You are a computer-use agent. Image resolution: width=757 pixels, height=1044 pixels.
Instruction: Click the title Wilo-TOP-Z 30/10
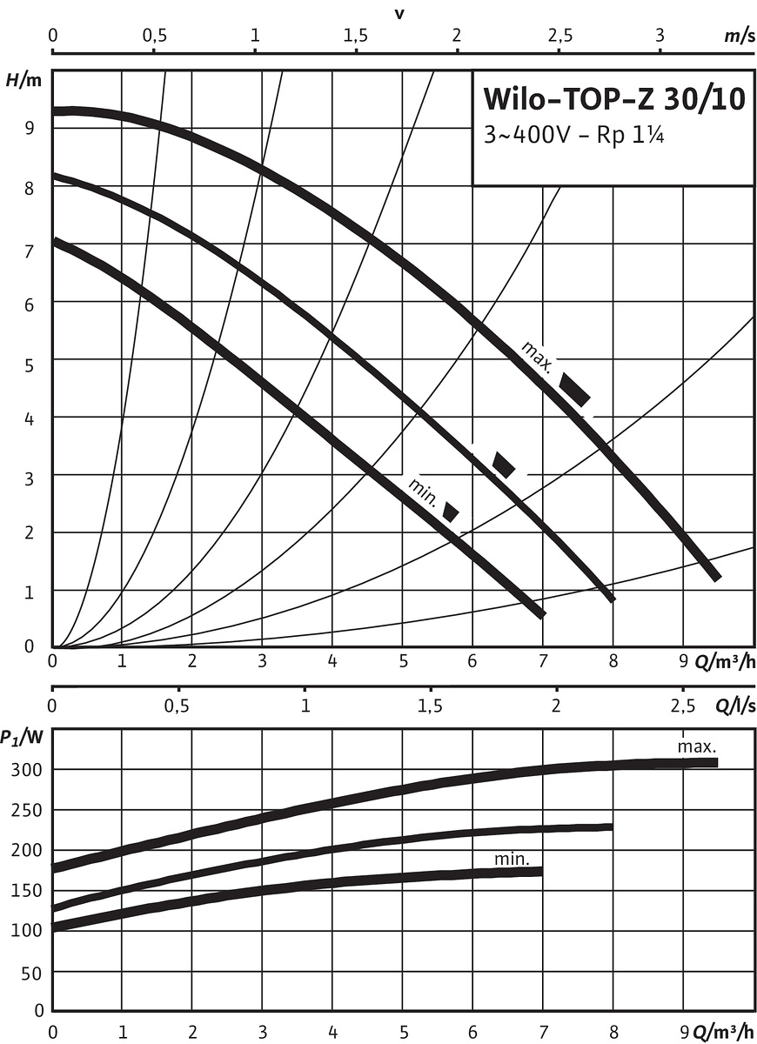[x=613, y=99]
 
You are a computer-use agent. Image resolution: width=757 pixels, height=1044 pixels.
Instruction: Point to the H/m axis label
[x=23, y=80]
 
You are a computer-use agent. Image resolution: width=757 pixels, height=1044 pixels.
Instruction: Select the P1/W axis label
[x=23, y=738]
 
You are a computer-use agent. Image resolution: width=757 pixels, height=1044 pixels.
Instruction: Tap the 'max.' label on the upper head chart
[x=537, y=355]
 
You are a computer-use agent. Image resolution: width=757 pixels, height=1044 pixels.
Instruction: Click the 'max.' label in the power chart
[x=697, y=746]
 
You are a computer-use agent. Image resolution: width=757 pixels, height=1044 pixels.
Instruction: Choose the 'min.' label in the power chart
[x=512, y=859]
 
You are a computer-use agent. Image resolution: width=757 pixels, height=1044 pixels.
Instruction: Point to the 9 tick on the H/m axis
[x=30, y=127]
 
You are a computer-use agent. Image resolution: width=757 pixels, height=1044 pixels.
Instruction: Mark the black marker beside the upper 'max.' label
[x=574, y=389]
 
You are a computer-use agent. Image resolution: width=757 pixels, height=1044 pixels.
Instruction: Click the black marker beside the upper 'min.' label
[x=451, y=512]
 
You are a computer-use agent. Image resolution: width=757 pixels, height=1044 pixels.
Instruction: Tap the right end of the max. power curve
[x=715, y=762]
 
